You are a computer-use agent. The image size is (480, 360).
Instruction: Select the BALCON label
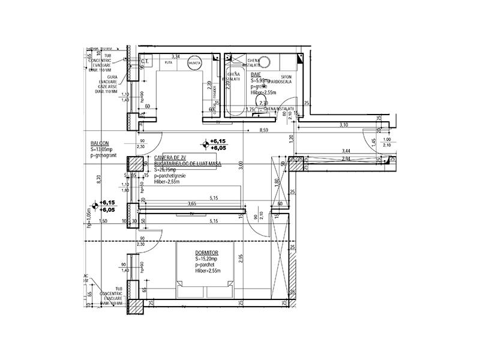coord(100,143)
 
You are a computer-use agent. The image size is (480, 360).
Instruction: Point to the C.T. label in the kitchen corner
coord(145,61)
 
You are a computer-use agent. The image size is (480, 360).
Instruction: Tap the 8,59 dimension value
coord(263,130)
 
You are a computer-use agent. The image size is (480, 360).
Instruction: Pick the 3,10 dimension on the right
coord(344,125)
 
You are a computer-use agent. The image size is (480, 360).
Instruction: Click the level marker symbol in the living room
coord(206,143)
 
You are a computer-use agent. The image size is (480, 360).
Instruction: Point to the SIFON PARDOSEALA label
coord(280,78)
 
